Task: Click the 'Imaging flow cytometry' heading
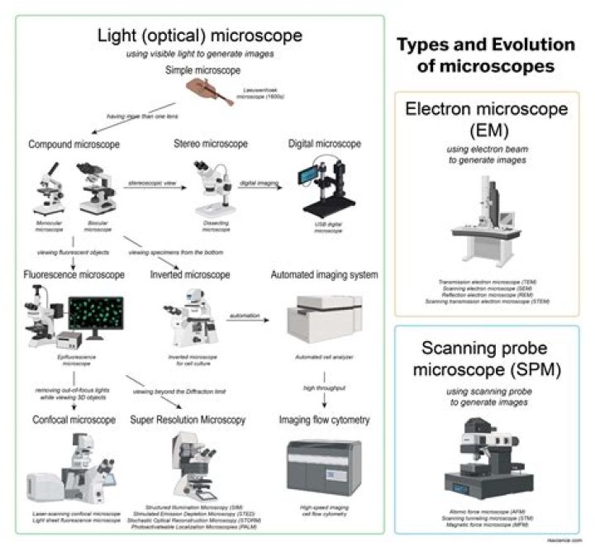[x=322, y=421]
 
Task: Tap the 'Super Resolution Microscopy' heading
[x=188, y=421]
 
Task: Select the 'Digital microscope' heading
[x=324, y=144]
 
